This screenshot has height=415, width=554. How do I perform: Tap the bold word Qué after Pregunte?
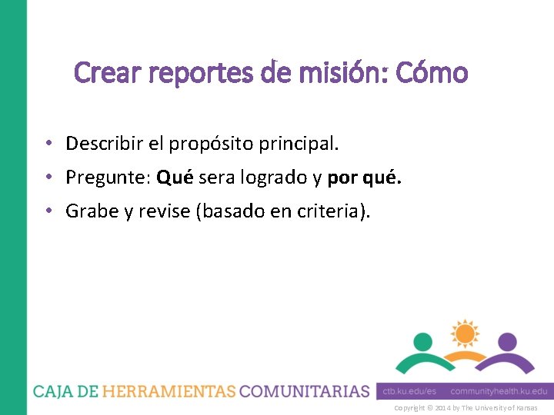175,178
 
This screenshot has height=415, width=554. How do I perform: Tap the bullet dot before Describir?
48,144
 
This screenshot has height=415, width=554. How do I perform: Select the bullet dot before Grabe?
48,211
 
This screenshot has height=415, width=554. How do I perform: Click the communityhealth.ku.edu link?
499,391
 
